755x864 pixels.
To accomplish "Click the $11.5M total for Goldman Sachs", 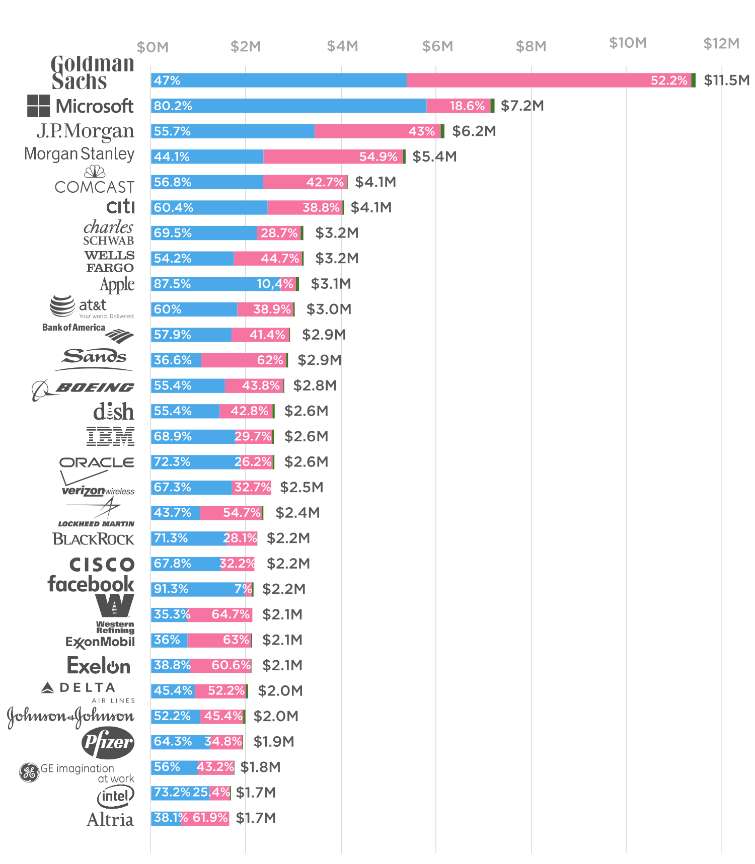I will point(726,81).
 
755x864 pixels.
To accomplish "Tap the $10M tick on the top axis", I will point(628,43).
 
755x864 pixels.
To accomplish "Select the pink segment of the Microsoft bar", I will point(458,106).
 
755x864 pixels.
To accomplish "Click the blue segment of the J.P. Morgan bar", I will point(233,131).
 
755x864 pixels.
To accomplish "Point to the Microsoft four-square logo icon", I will point(38,106).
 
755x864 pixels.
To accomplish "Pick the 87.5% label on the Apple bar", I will point(172,284).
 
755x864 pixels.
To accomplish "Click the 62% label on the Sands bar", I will point(270,360).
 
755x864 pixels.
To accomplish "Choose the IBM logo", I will point(110,436).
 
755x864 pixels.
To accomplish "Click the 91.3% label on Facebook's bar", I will point(171,589).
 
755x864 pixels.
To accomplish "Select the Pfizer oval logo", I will point(108,742).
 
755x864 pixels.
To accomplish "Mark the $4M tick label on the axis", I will point(342,46).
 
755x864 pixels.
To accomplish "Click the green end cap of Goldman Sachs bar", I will point(694,81).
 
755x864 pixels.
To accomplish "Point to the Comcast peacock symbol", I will point(95,172).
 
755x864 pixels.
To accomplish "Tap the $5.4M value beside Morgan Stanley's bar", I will point(434,156).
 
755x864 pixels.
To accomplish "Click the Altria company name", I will point(110,820).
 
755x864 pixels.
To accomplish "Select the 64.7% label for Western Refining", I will point(231,614).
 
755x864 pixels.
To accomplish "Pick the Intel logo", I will point(115,796).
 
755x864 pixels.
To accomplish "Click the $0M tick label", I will point(153,47).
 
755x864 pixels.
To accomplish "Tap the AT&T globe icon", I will point(62,305).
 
